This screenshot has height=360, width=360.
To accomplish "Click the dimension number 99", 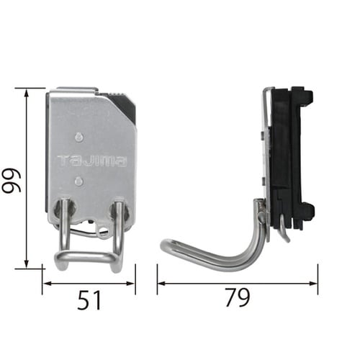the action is [x=12, y=181].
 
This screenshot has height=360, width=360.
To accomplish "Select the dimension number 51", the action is [x=89, y=300].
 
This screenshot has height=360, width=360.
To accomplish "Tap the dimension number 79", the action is [x=238, y=297].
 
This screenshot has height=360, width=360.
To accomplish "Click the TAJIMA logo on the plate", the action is [x=92, y=161].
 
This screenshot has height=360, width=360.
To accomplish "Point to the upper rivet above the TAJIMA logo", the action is [x=79, y=137].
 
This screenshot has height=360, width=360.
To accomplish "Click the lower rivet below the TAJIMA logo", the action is [x=79, y=181].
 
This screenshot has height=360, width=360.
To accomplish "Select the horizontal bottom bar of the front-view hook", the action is [x=84, y=257].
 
